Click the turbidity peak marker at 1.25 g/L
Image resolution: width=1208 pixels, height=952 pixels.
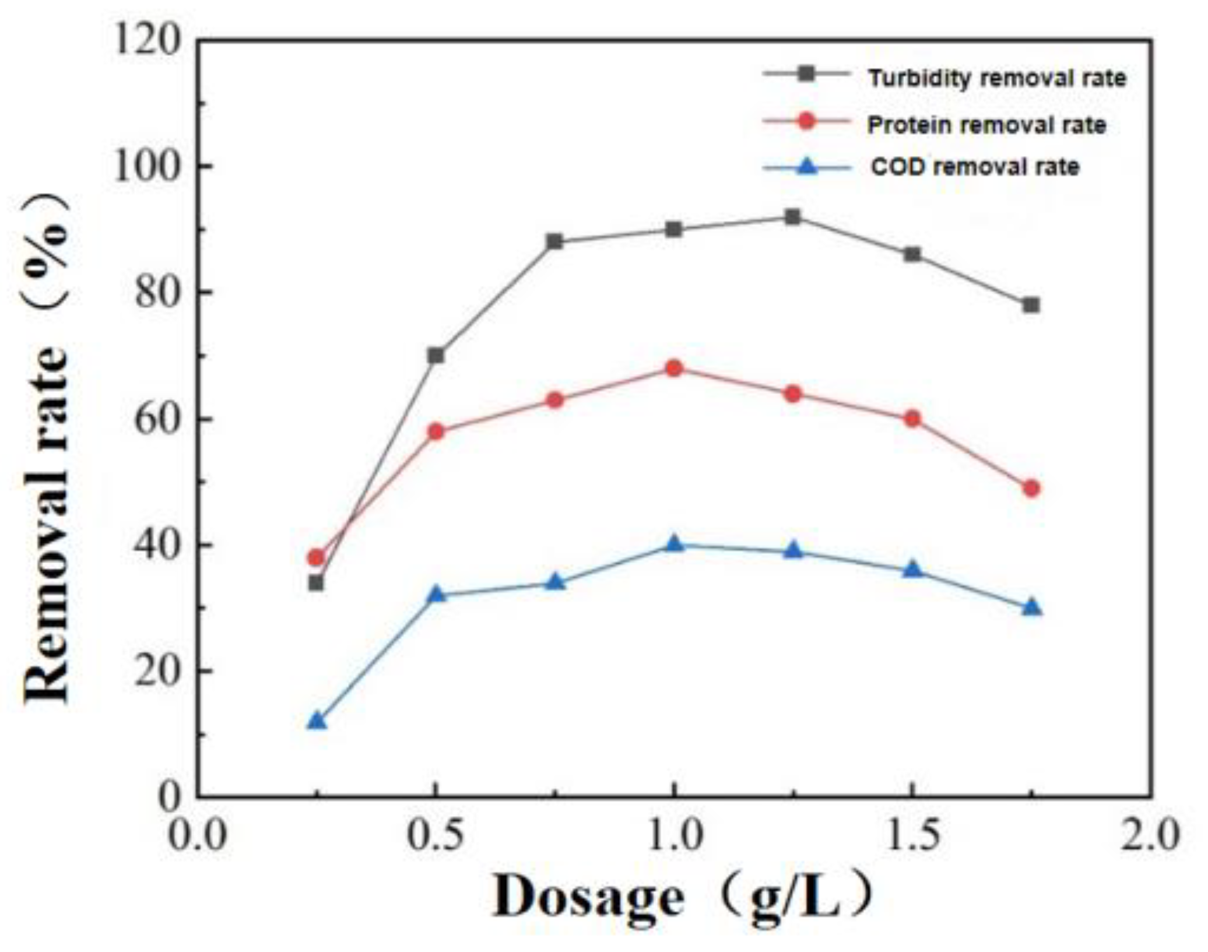pos(792,217)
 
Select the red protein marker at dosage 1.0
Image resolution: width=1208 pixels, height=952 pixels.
pos(674,368)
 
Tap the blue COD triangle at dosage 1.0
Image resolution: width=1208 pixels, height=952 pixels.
pos(674,544)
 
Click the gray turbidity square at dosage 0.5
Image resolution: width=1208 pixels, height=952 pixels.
pos(436,355)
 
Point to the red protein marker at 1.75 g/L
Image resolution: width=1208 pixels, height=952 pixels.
pos(1031,488)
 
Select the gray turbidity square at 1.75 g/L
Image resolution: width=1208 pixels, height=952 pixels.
pos(1031,305)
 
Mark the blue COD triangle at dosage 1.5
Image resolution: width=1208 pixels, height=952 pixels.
pos(912,570)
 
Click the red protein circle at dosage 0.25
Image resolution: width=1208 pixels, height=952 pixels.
pos(316,557)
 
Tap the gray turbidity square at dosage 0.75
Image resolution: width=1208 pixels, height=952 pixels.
pos(555,241)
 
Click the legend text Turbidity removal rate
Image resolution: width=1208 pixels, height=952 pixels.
pos(996,78)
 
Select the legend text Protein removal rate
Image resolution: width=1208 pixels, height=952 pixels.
pos(986,125)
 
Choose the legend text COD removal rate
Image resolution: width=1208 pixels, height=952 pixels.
pos(975,167)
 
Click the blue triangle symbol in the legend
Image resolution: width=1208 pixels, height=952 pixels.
pos(807,167)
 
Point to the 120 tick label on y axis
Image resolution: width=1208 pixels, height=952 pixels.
pos(146,42)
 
